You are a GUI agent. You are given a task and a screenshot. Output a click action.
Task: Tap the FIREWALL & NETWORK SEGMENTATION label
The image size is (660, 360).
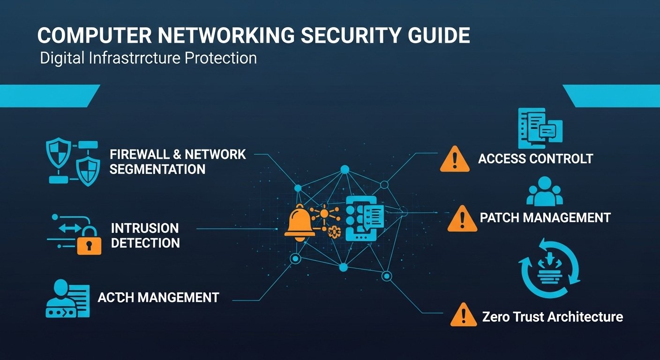pos(178,162)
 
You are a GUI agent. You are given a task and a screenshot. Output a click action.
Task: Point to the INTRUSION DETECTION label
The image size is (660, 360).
pos(145,235)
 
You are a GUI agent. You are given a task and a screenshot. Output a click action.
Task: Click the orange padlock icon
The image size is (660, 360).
pos(89,243)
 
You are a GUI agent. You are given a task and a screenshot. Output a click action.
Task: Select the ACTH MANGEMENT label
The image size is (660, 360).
pos(158,297)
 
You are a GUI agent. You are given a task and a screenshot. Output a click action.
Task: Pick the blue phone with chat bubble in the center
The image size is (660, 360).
pos(363,218)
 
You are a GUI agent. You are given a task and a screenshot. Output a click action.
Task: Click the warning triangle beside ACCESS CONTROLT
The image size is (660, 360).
pos(455,159)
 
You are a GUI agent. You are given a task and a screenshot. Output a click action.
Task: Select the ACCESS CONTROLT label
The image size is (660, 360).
pos(535,158)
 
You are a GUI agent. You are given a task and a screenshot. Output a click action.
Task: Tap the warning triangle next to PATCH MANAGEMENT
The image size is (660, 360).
pos(462,219)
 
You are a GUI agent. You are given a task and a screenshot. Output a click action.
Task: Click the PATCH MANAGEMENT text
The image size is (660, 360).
pos(545,217)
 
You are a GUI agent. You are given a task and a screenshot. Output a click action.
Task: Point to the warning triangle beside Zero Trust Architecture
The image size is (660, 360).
pos(464,315)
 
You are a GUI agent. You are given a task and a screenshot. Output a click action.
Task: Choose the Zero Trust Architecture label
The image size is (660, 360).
pos(552,316)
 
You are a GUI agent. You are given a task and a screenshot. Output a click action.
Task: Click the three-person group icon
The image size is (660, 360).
pos(544,191)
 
